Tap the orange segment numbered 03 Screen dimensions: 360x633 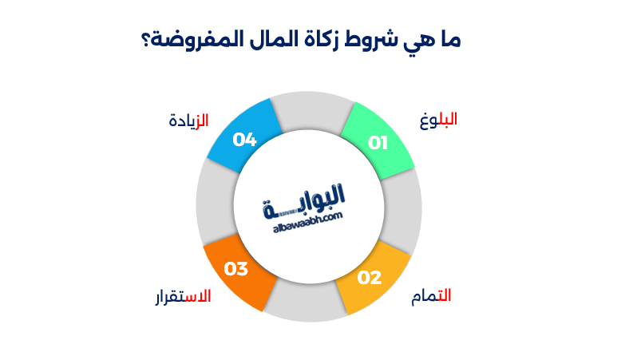coord(239,272)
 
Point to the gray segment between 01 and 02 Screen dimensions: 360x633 coord(403,208)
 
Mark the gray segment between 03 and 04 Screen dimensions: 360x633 coord(213,204)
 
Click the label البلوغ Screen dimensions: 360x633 coord(438,121)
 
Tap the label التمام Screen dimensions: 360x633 coord(431,296)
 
